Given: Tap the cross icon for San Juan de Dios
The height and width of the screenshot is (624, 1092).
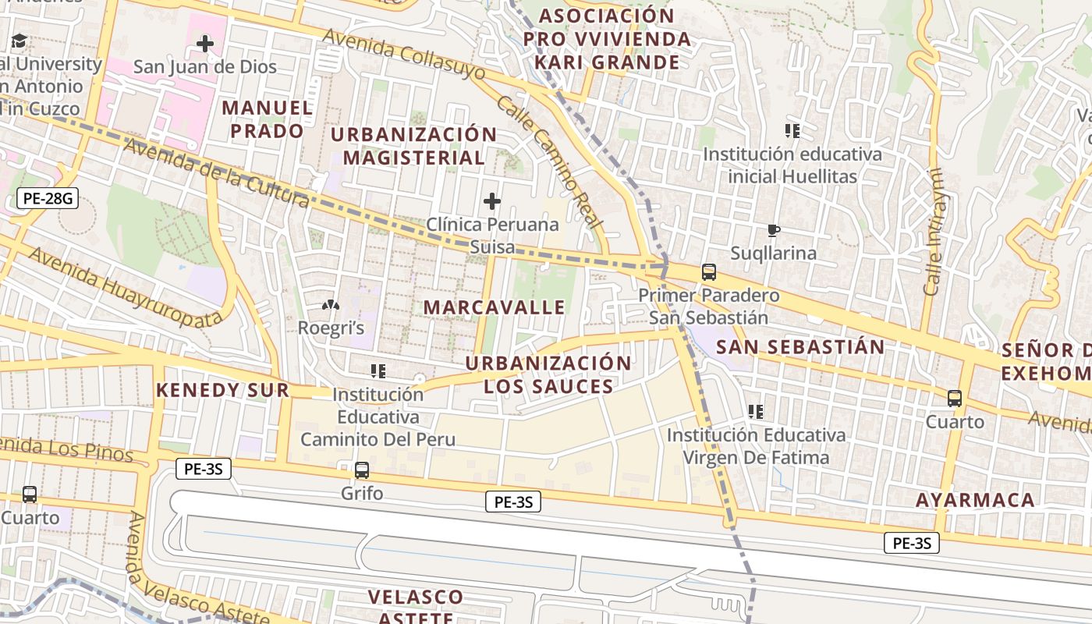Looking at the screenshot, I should (205, 44).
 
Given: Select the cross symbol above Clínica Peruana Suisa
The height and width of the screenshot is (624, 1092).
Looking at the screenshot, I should (492, 201).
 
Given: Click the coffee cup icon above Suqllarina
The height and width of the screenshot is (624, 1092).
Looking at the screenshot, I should (773, 230).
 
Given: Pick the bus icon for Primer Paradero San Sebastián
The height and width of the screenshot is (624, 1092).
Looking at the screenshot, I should (709, 272).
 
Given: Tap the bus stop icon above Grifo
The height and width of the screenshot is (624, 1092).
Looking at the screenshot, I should (362, 470).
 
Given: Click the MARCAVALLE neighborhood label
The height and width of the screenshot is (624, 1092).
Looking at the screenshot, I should (495, 307).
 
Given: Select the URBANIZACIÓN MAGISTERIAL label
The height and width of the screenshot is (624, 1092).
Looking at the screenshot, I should (413, 146).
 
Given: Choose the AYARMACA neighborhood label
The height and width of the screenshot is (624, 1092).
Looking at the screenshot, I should (975, 500).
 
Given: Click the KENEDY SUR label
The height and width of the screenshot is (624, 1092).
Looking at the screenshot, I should (222, 390).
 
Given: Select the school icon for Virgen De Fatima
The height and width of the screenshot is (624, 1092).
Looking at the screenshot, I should (755, 411).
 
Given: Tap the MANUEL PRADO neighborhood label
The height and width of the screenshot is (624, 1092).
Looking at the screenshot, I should (267, 119).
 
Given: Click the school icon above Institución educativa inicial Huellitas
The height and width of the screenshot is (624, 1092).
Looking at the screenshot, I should (792, 131).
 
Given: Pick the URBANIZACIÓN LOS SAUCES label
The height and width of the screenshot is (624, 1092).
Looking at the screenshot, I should (548, 374).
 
